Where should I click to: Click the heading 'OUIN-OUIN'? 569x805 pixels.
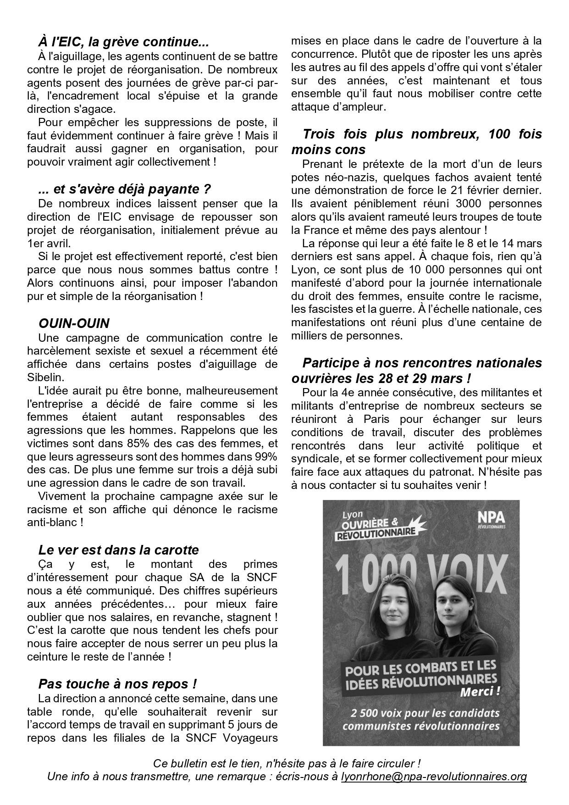(74, 323)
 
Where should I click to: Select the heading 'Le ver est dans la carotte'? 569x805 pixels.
(118, 550)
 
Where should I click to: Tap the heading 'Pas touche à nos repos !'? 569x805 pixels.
(117, 684)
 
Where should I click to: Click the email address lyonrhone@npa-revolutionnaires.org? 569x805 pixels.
(434, 777)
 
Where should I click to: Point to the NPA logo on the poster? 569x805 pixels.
(491, 517)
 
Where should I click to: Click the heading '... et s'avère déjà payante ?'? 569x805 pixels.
(125, 189)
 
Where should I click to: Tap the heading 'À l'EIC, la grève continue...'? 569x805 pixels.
(123, 43)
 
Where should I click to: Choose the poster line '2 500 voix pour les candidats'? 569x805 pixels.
(424, 714)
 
